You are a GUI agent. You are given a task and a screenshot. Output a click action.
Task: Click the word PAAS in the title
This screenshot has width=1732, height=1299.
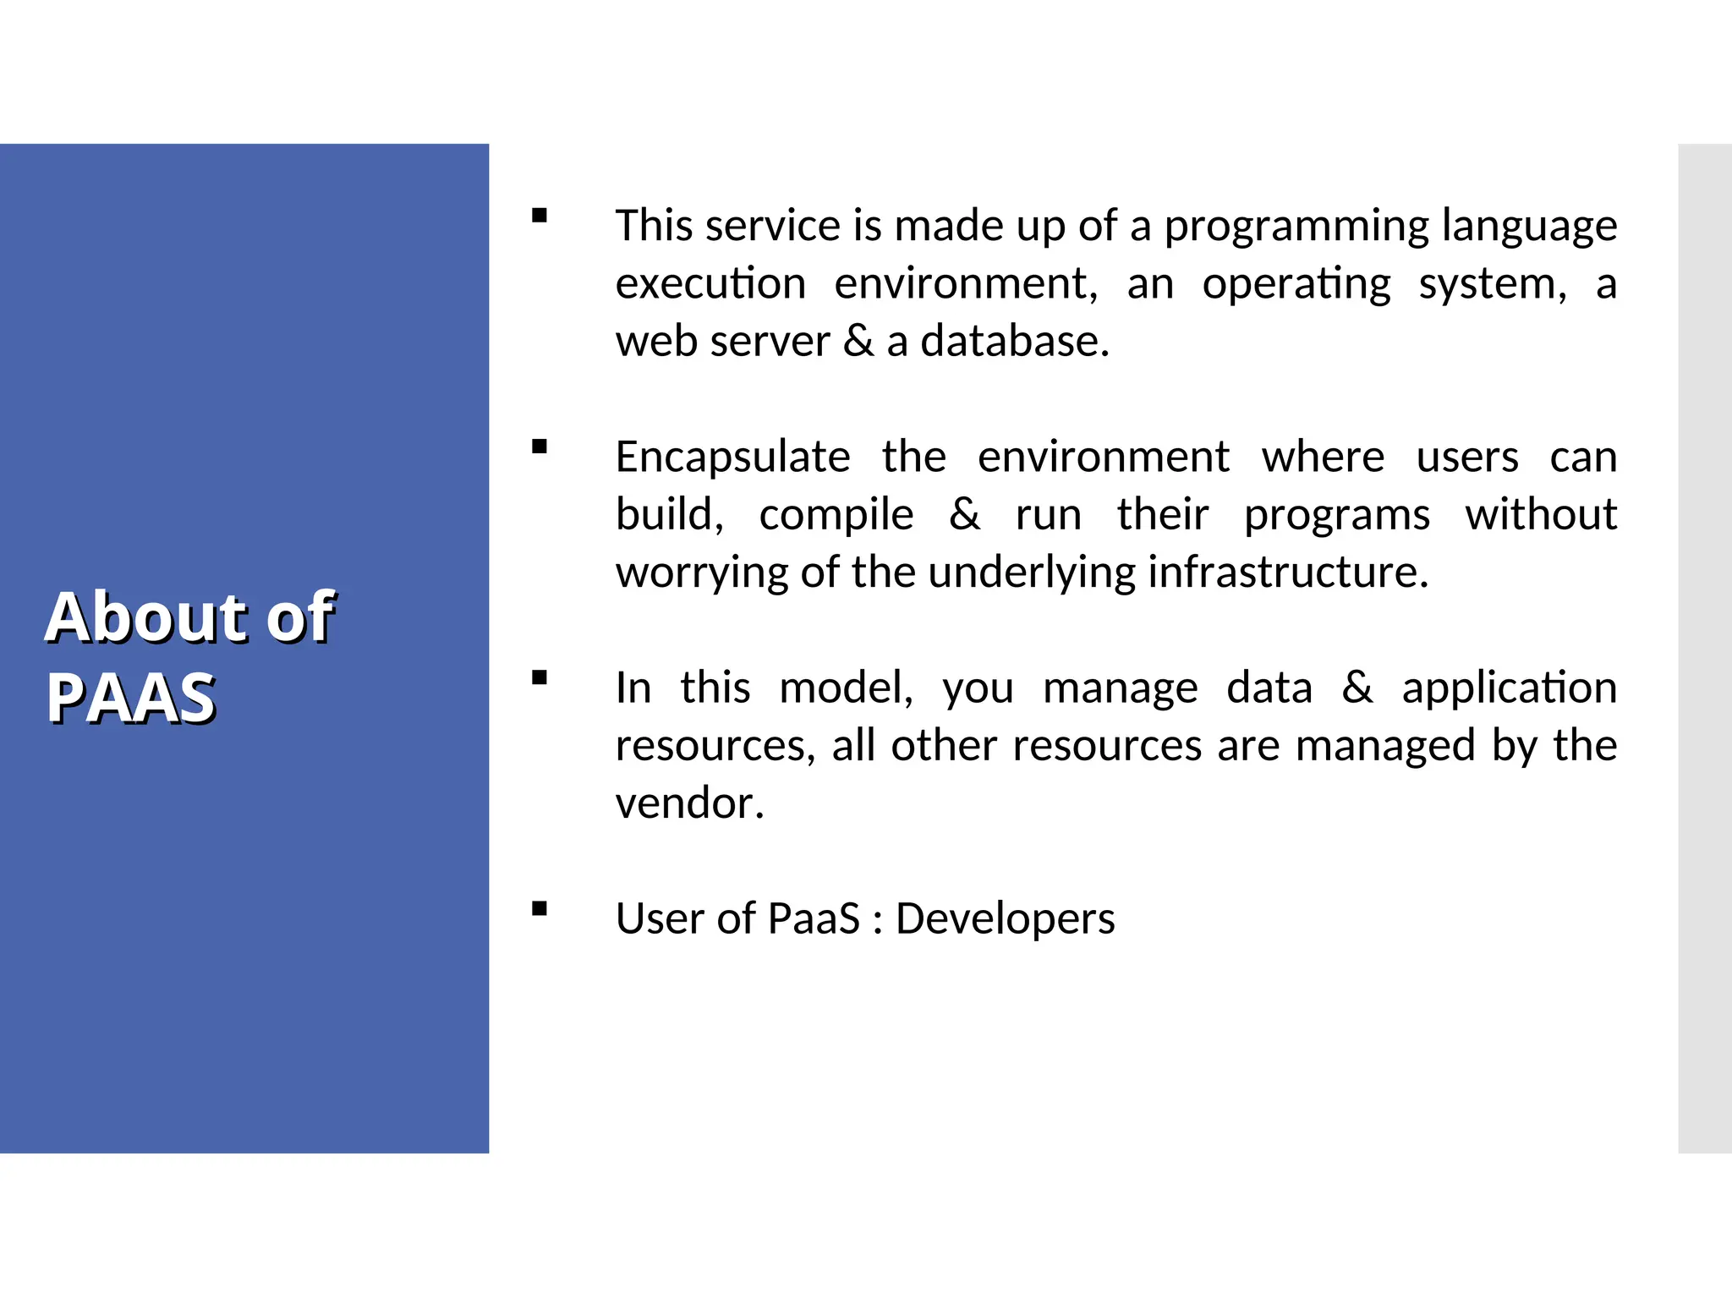coord(131,698)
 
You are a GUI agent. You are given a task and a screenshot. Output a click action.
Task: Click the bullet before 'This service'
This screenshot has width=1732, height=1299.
coord(540,216)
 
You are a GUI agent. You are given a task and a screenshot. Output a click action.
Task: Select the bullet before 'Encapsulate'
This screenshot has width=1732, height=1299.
coord(540,447)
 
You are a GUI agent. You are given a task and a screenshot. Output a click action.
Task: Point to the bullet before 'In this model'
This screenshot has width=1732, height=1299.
coord(540,677)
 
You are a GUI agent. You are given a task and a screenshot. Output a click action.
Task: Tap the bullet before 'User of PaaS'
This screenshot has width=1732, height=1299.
coord(540,909)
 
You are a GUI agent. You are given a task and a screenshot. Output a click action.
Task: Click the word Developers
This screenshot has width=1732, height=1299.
coord(1005,919)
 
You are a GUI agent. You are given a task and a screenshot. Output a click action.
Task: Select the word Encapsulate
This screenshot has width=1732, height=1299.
coord(732,458)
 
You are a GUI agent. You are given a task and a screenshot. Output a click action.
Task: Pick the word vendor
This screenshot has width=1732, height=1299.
coord(689,803)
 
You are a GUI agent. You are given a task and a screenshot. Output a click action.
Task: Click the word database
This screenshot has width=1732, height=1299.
coord(1014,342)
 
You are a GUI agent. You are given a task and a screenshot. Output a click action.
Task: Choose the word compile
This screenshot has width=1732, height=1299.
coord(836,516)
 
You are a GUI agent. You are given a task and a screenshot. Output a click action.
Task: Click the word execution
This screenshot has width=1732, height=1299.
coord(710,284)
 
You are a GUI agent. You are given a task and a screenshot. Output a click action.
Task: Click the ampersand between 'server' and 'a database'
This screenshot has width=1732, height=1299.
coord(858,342)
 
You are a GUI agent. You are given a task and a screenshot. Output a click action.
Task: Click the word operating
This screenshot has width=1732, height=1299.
coord(1296,284)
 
